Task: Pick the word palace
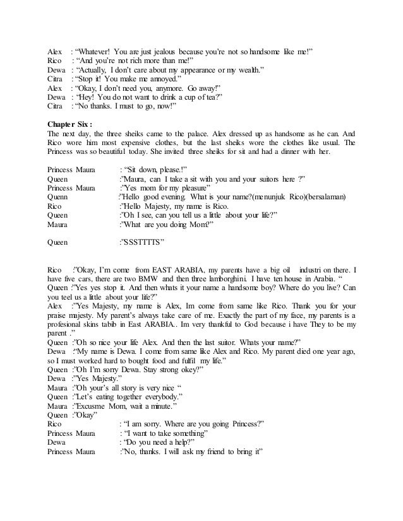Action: click(x=192, y=134)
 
